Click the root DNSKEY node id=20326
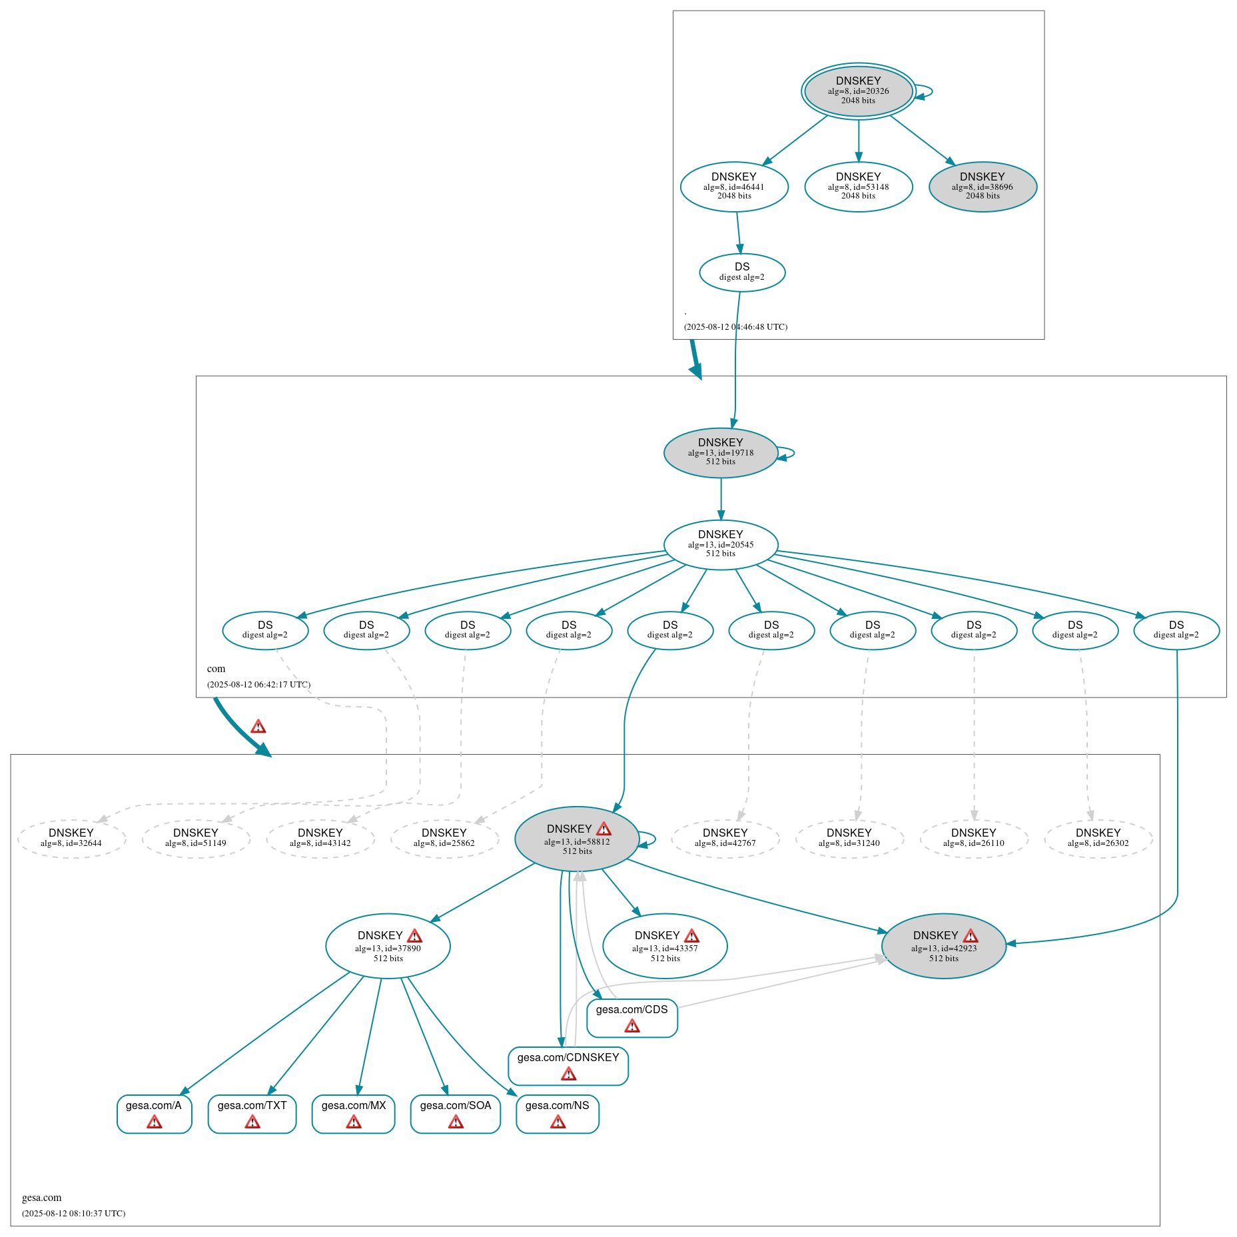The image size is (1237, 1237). (858, 91)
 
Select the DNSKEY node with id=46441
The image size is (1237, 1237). (734, 187)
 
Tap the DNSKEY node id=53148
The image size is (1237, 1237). (858, 187)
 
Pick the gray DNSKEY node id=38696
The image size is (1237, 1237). (983, 187)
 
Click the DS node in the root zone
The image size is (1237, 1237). (742, 272)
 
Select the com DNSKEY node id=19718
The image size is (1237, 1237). (721, 452)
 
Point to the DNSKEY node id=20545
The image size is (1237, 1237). (721, 544)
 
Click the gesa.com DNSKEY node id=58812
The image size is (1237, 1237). (577, 839)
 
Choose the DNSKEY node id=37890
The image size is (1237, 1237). (388, 946)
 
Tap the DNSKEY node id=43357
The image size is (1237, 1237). (665, 946)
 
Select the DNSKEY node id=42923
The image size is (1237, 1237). (943, 946)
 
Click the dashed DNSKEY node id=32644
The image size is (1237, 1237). (71, 839)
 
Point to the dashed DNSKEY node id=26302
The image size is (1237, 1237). (1098, 839)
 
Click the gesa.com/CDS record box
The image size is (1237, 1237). (631, 1018)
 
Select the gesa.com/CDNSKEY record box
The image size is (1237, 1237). (568, 1066)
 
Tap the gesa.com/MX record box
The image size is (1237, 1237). (354, 1114)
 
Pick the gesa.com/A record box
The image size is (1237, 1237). (154, 1114)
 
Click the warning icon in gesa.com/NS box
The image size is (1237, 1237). (558, 1122)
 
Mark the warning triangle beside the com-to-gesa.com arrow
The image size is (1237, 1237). (258, 727)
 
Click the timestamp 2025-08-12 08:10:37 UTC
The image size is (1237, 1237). (74, 1213)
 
